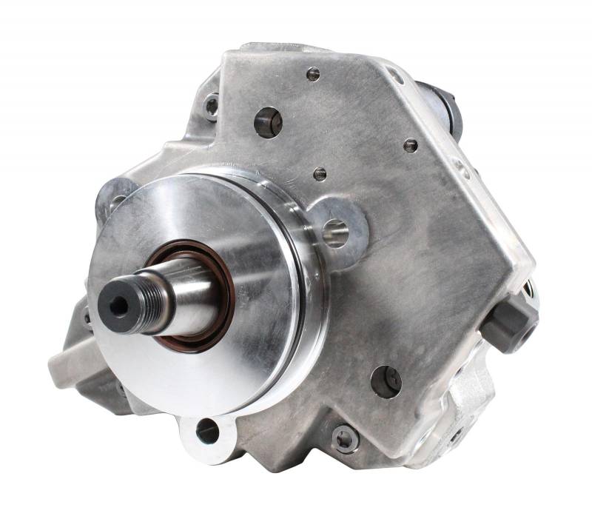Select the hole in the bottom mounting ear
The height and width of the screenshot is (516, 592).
[x=208, y=430]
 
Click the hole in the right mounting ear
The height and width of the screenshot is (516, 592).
[x=336, y=232]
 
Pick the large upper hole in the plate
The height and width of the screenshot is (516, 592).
[x=268, y=122]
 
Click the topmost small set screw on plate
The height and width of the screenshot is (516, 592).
[x=313, y=73]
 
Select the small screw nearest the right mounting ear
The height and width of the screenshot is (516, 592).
[x=320, y=174]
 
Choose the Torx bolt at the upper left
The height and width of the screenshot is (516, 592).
[x=212, y=106]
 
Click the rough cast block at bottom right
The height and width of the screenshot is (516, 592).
[x=466, y=415]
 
